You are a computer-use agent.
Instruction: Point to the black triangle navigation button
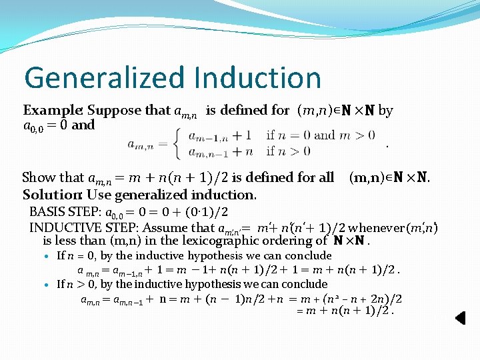pyautogui.click(x=460, y=318)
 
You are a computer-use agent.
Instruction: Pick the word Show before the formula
pyautogui.click(x=38, y=178)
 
